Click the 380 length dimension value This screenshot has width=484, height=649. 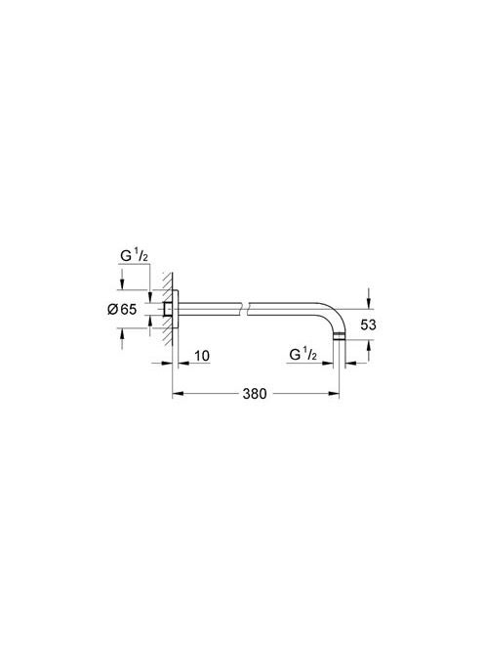pos(254,394)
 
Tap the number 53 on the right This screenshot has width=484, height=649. pos(368,324)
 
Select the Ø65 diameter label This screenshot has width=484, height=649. pos(122,309)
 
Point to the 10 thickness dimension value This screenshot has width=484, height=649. pos(202,356)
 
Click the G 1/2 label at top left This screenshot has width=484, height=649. pos(134,256)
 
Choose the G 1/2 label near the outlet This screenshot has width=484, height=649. pos(302,354)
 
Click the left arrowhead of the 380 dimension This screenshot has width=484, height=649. pos(178,394)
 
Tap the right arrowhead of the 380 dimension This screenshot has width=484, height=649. pos(334,394)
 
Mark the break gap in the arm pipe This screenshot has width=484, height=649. pos(246,309)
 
